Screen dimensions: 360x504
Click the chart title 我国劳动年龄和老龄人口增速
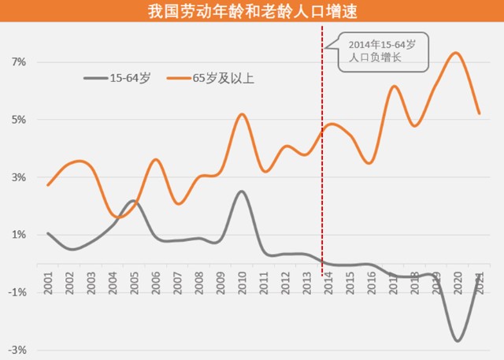[x=252, y=13]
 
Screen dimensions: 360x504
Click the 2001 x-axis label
[x=49, y=284]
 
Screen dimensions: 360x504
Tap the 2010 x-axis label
[x=242, y=284]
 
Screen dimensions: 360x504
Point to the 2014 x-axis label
[x=328, y=284]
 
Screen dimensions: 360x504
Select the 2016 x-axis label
[x=370, y=284]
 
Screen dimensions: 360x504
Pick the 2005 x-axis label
[x=135, y=284]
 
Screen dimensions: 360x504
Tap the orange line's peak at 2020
[x=456, y=53]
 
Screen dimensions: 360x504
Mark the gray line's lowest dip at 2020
[x=457, y=340]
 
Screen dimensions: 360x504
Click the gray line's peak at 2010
[x=242, y=191]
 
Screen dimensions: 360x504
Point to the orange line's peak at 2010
[x=242, y=115]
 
